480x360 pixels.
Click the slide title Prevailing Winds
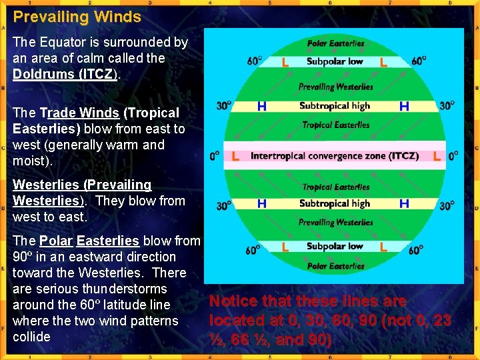click(x=77, y=17)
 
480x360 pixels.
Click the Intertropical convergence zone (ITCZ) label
click(x=335, y=156)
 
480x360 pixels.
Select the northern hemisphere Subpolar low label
click(x=335, y=62)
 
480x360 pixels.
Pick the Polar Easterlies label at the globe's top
click(x=335, y=44)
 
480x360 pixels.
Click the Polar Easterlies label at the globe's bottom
click(x=335, y=266)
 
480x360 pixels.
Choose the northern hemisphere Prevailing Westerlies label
click(x=335, y=87)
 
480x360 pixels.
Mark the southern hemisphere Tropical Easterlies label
click(x=335, y=187)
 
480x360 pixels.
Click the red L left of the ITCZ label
click(x=235, y=156)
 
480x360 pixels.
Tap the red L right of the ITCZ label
click(x=437, y=156)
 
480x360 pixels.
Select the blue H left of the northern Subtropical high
click(x=262, y=106)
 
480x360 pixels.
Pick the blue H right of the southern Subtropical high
click(x=404, y=203)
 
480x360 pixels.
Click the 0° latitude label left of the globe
click(x=215, y=157)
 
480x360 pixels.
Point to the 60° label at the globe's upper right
click(x=419, y=61)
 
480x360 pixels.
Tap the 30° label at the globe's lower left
click(x=224, y=206)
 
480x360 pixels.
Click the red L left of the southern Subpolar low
click(x=285, y=247)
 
